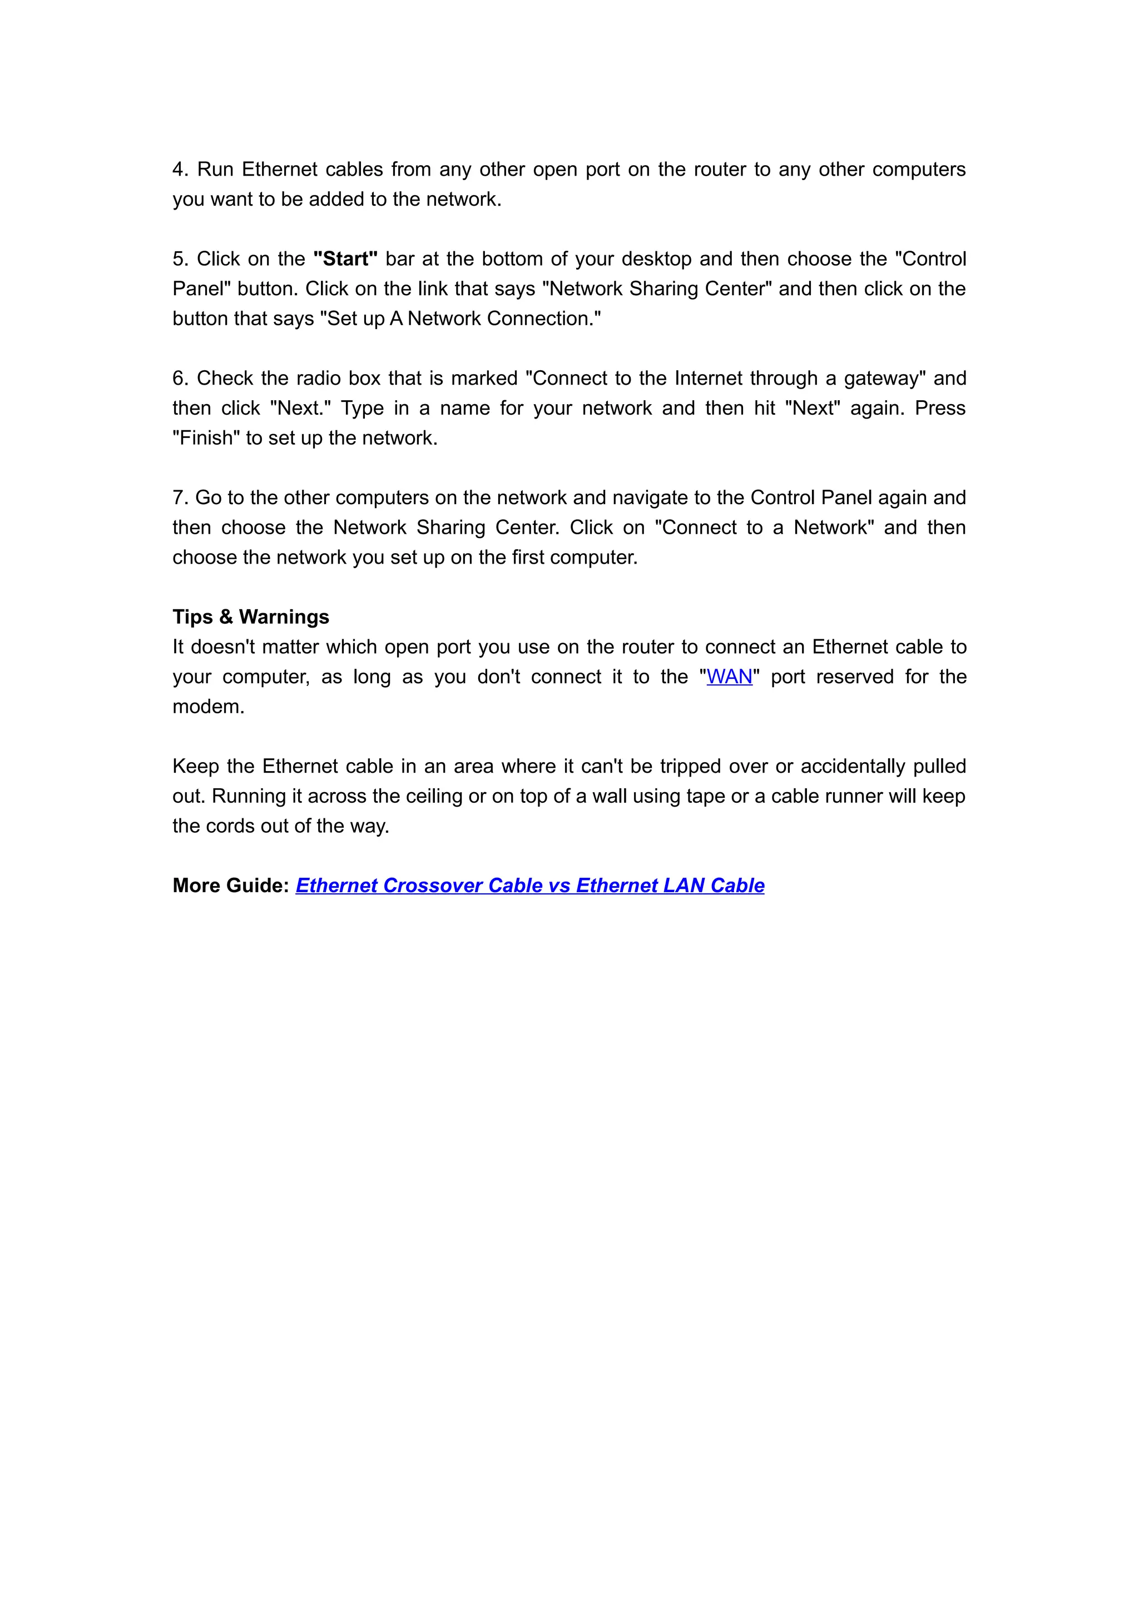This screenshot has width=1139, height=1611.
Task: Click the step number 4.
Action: (179, 170)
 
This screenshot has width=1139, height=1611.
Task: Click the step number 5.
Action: (179, 259)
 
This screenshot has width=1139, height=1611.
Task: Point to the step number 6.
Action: (179, 378)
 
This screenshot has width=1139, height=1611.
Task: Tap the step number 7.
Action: (179, 498)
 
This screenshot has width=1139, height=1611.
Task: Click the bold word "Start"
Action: (345, 259)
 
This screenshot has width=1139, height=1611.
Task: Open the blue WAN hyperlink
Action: (729, 677)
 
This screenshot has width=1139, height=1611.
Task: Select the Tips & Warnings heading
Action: (250, 616)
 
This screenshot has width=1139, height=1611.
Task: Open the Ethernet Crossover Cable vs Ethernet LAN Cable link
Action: (530, 886)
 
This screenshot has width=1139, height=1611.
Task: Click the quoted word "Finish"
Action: (206, 438)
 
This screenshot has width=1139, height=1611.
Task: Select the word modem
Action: (208, 707)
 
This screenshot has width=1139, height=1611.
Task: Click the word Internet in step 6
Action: (707, 378)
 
